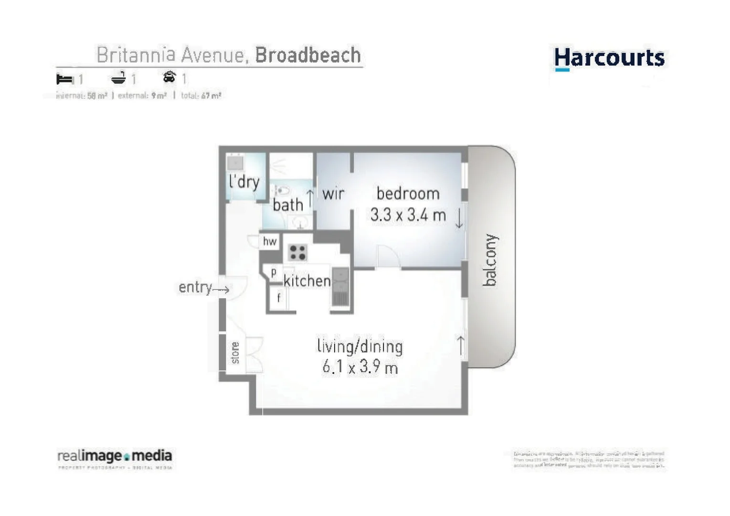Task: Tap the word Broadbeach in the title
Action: coord(308,55)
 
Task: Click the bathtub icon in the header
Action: coord(118,78)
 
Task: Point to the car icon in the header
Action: coord(169,77)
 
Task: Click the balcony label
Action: coord(490,260)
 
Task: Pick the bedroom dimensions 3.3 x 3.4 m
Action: coord(408,215)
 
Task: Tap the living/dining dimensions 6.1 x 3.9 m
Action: coord(360,367)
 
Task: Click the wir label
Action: coord(333,194)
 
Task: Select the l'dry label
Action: coord(244,182)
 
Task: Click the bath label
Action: coord(288,205)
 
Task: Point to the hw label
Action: coord(270,241)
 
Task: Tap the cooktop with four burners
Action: coord(297,252)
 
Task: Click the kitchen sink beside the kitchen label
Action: coord(340,281)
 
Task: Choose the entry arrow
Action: coord(222,290)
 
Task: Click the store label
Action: coord(235,353)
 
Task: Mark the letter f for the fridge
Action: coord(279,298)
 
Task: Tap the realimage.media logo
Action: coord(115,457)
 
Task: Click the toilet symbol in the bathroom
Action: coord(283,191)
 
